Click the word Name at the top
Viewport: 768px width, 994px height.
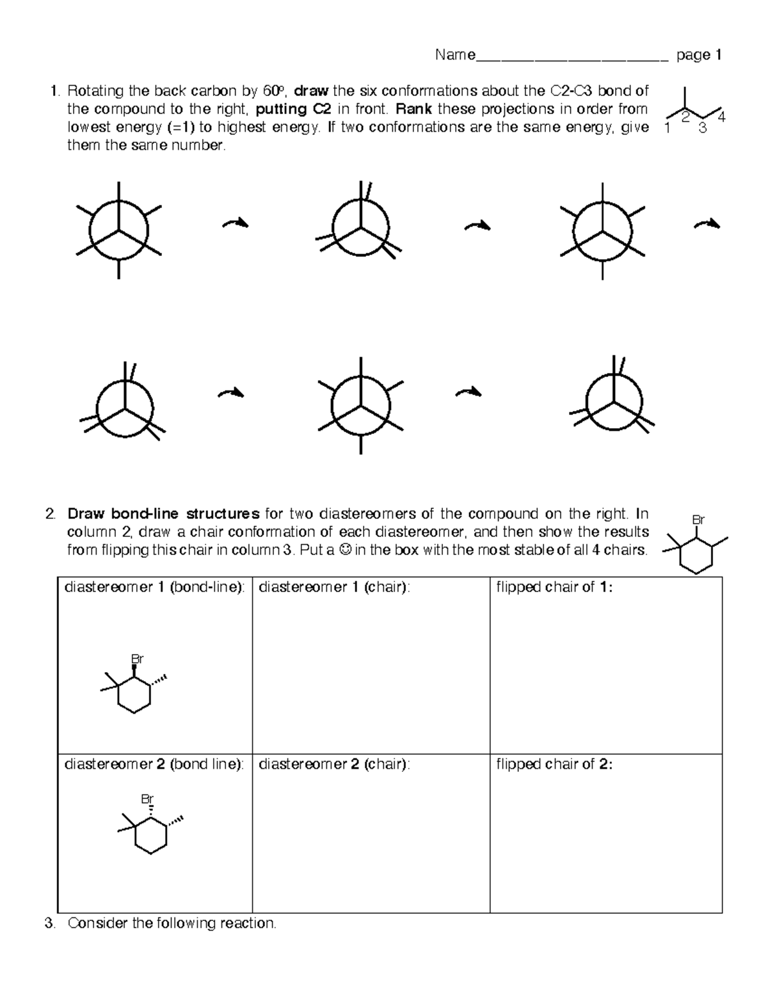click(x=454, y=55)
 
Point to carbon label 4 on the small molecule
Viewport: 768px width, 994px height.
click(x=722, y=116)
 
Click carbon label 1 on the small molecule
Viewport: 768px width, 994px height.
click(x=668, y=129)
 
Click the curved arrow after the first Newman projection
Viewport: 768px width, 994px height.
click(x=234, y=223)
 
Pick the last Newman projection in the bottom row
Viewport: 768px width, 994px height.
click(x=614, y=403)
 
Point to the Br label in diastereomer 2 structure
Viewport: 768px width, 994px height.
click(x=148, y=799)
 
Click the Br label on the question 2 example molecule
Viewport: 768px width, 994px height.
click(x=699, y=520)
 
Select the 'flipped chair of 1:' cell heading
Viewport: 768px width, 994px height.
click(x=554, y=587)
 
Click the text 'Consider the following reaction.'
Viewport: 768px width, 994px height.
click(x=172, y=923)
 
